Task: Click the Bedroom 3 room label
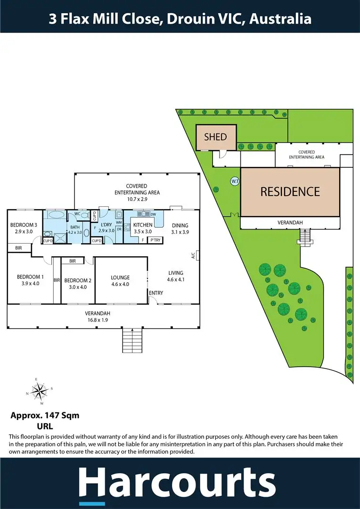click(x=22, y=225)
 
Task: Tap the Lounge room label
click(x=120, y=278)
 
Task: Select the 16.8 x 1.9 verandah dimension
click(x=98, y=320)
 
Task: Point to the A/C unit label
click(x=193, y=256)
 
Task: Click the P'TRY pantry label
click(x=155, y=240)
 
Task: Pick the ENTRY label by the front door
click(x=156, y=293)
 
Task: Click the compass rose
click(x=39, y=392)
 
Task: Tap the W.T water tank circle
click(x=235, y=181)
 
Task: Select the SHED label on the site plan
click(x=215, y=137)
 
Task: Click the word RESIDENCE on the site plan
click(x=290, y=191)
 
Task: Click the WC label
click(x=77, y=213)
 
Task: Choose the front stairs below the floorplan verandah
click(x=132, y=340)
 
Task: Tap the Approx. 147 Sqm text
click(x=45, y=415)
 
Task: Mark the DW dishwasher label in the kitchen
click(x=154, y=214)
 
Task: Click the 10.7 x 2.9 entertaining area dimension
click(x=137, y=199)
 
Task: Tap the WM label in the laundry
click(x=119, y=222)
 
